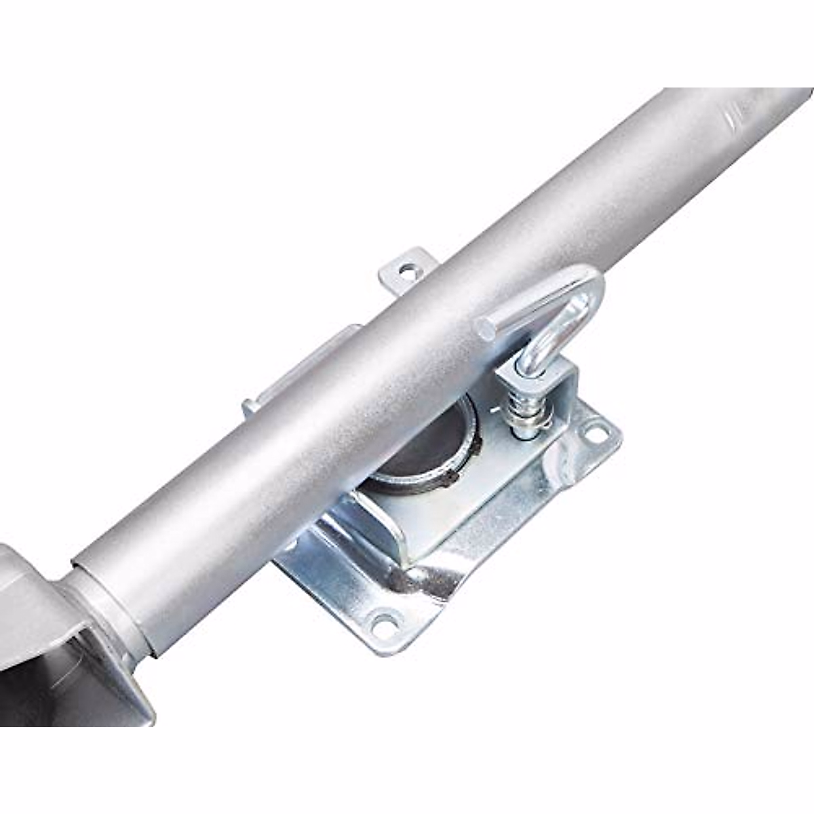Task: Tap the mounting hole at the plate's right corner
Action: [596, 431]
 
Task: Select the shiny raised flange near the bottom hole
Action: [421, 583]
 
